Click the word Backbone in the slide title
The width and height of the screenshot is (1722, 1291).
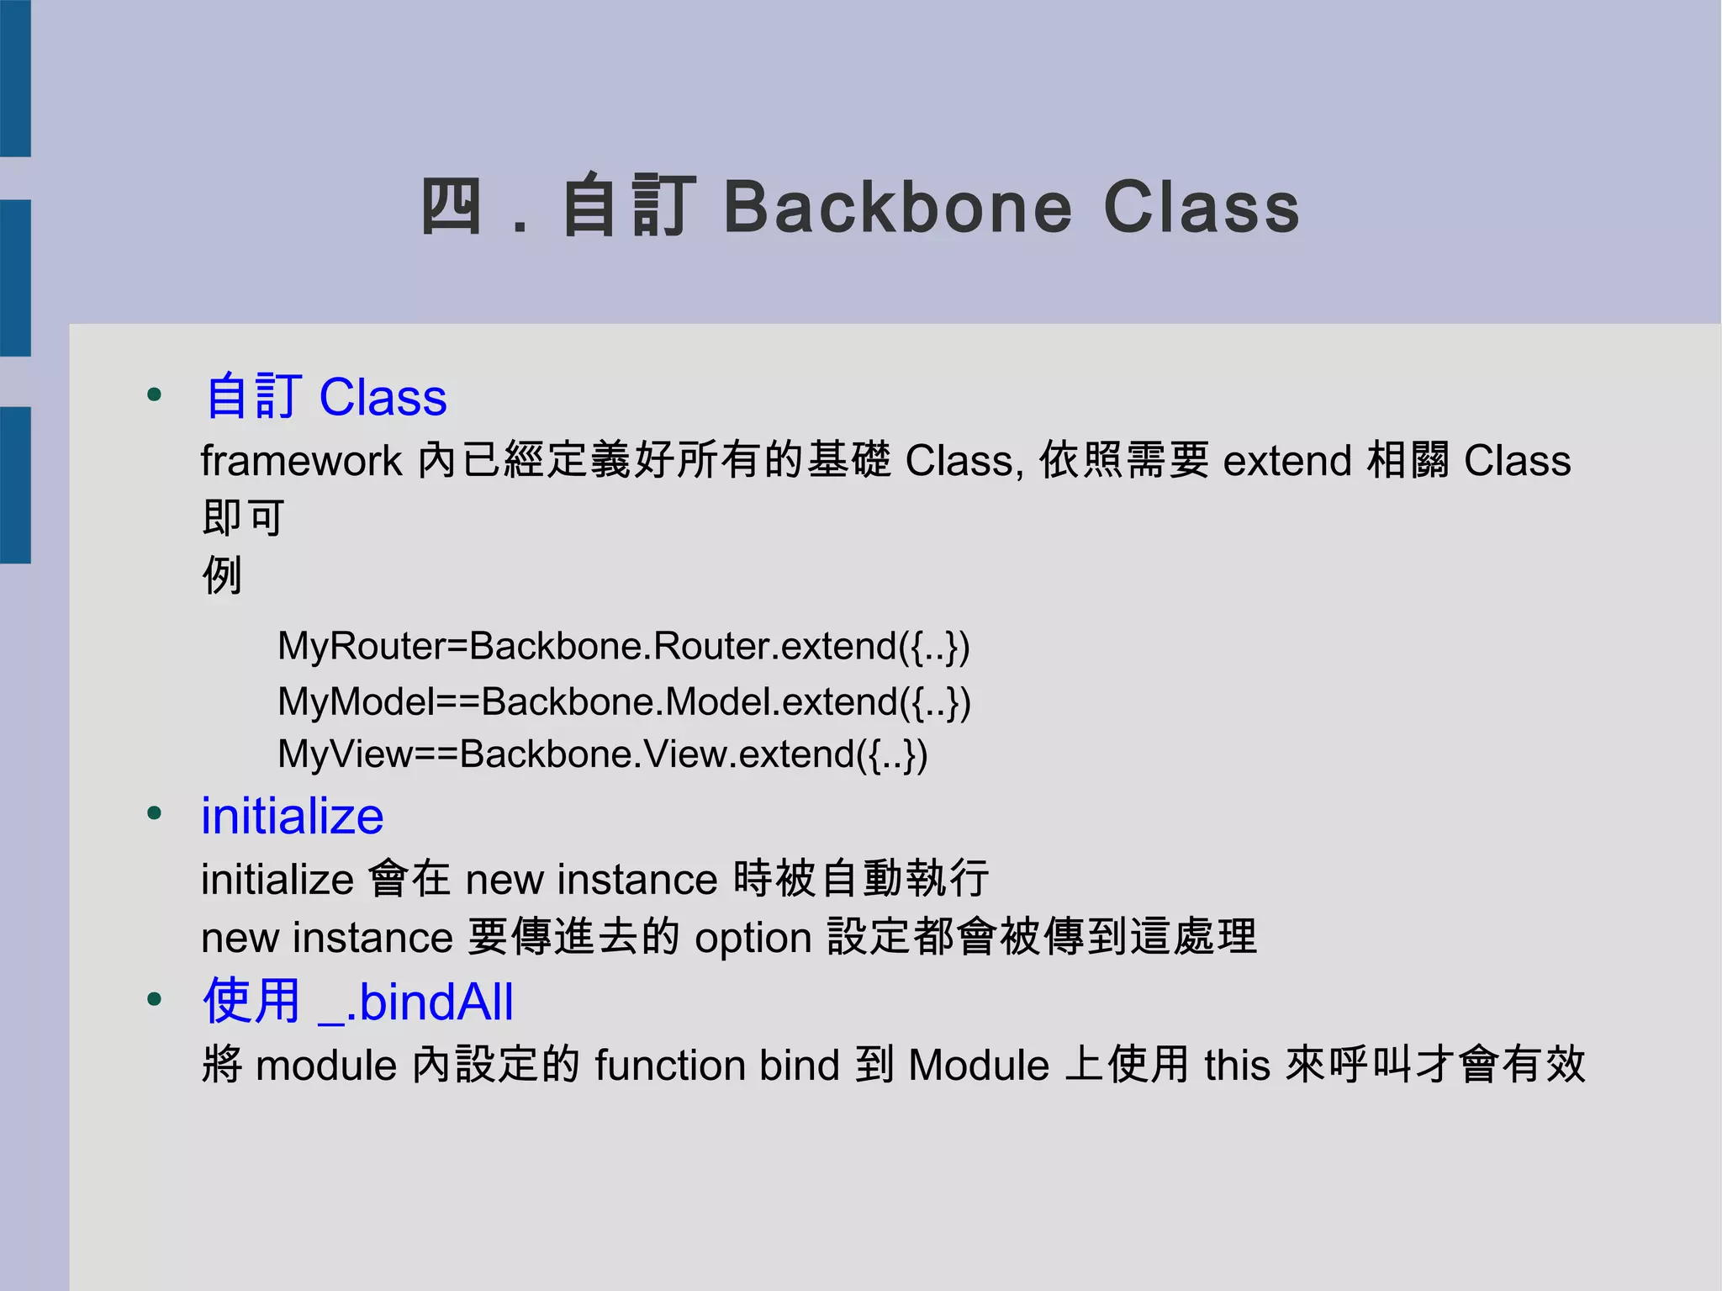point(898,207)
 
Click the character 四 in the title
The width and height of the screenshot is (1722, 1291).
point(451,207)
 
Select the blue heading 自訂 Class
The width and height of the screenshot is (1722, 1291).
point(326,397)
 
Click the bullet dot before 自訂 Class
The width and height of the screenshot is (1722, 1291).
point(154,394)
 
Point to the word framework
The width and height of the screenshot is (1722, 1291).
point(301,461)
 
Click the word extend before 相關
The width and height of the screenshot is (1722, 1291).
point(1286,461)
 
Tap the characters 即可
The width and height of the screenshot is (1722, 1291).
point(243,516)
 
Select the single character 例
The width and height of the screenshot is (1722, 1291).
point(222,575)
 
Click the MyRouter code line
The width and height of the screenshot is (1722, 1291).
point(623,646)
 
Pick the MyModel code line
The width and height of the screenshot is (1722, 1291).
point(624,701)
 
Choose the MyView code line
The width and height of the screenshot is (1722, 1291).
point(602,754)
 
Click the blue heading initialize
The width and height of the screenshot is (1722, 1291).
point(292,816)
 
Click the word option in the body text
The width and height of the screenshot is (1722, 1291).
point(753,938)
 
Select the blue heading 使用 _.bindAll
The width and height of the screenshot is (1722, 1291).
point(357,1002)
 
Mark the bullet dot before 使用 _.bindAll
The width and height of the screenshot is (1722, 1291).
point(154,999)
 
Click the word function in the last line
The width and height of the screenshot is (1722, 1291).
point(669,1066)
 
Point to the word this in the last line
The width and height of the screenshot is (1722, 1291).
point(1237,1066)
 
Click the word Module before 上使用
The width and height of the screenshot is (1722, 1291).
point(979,1066)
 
